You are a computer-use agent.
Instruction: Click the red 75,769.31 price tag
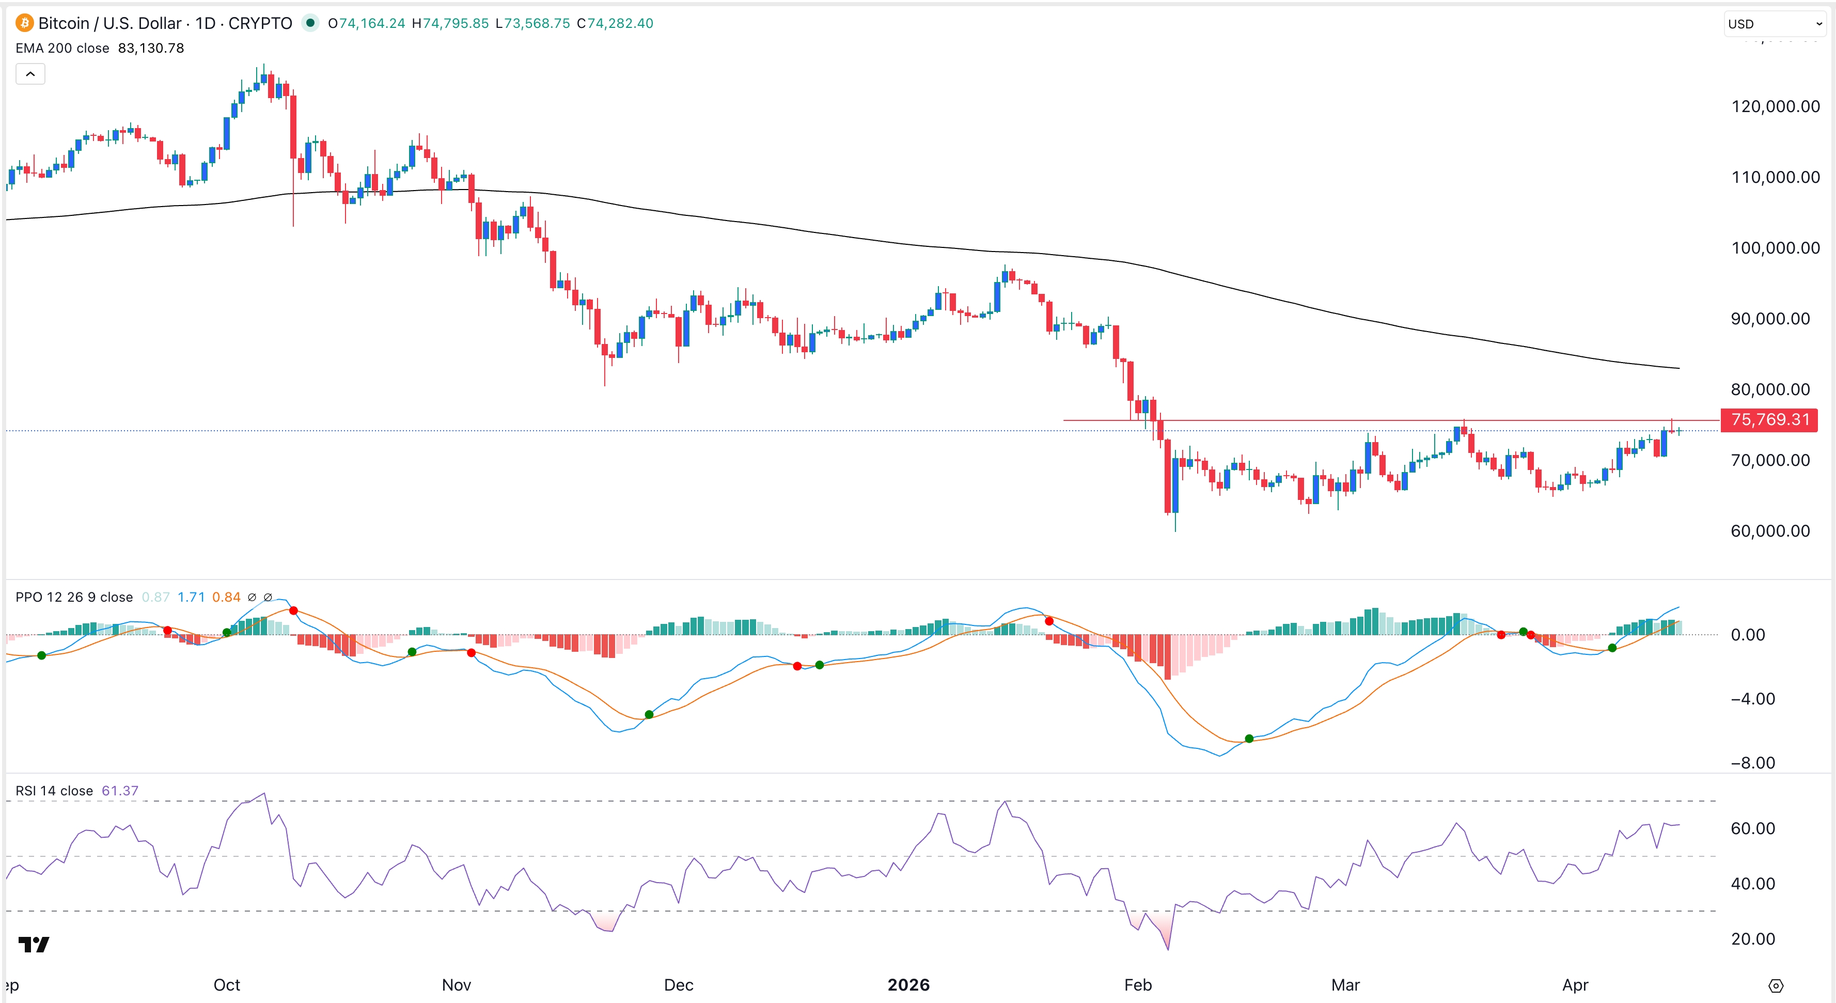[x=1770, y=420]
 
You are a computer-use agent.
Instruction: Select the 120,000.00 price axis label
[x=1775, y=107]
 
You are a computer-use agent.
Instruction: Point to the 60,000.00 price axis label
[x=1770, y=531]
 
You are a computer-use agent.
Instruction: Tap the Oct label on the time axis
[x=227, y=984]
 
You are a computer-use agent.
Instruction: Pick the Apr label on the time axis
[x=1575, y=984]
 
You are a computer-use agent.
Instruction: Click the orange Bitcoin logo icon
[x=24, y=24]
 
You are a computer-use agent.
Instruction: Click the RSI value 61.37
[x=120, y=791]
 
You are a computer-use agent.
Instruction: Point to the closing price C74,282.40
[x=615, y=24]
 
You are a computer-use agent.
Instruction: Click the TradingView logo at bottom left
[x=34, y=945]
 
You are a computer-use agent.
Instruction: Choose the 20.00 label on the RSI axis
[x=1753, y=939]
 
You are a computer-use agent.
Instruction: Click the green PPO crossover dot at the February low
[x=1249, y=739]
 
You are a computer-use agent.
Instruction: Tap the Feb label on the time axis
[x=1138, y=984]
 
